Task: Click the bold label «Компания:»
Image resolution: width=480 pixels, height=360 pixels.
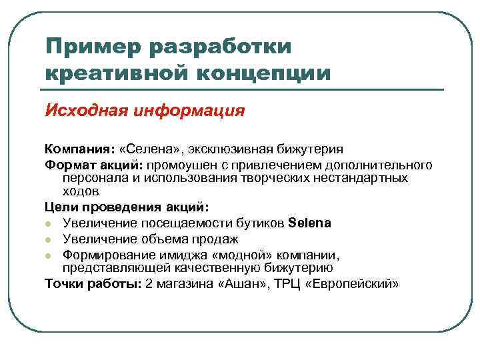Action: (x=80, y=148)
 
